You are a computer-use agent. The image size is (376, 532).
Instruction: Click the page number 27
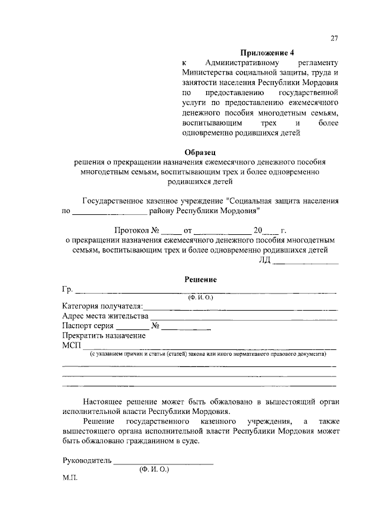tap(334, 39)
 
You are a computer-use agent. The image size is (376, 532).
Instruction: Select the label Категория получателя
tap(102, 306)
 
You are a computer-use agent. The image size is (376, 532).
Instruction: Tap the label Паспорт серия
tap(88, 326)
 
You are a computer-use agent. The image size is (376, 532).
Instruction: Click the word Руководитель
tap(86, 461)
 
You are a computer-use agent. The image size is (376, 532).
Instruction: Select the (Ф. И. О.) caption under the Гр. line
tap(201, 298)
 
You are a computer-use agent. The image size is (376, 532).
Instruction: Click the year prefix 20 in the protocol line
tap(257, 230)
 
